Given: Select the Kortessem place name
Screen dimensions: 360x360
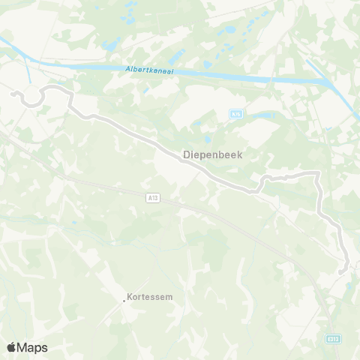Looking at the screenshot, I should coord(150,296).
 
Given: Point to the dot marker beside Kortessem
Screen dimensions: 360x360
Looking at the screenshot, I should coord(124,301).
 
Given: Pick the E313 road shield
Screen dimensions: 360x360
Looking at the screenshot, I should coord(333,340).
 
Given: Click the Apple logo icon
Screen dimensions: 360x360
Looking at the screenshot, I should coord(12,347).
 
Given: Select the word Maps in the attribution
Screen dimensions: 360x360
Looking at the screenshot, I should coord(34,347).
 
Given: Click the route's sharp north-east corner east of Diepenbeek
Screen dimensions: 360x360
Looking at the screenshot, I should coord(318,174).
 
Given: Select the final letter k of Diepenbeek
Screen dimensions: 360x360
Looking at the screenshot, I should coord(240,157).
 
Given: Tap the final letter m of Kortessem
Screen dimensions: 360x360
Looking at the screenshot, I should coord(169,296).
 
